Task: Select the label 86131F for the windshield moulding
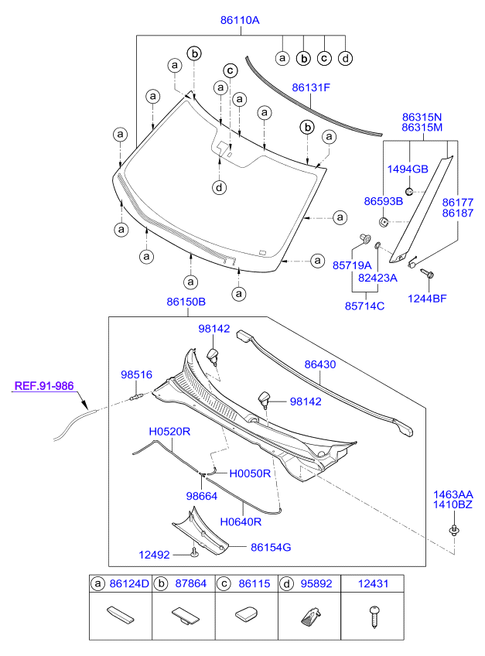[311, 87]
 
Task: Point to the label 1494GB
[407, 169]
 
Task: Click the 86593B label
[384, 201]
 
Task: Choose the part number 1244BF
[428, 298]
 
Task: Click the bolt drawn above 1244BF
[429, 274]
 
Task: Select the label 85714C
[364, 306]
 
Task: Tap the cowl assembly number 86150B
[185, 302]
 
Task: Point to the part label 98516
[136, 374]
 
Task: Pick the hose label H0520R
[169, 432]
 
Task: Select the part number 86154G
[271, 547]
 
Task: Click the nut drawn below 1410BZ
[453, 530]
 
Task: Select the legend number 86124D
[128, 584]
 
